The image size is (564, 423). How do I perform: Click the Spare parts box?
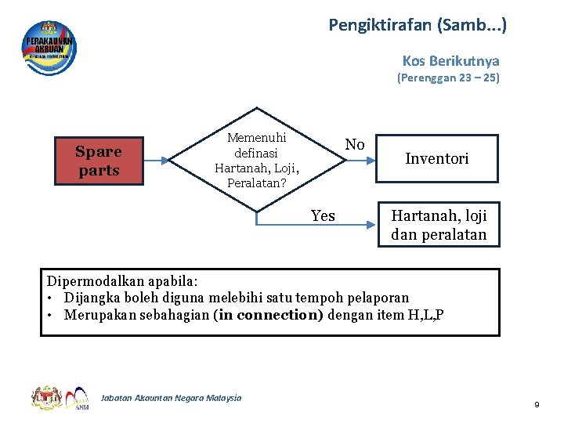99,161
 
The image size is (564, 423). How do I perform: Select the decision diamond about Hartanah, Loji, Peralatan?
258,161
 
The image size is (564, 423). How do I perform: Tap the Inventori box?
437,159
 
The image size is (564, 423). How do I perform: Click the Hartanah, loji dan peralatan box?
439,224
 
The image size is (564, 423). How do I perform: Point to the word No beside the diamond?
355,144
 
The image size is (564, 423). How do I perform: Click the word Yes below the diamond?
323,215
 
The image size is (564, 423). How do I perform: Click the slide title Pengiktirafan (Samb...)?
418,25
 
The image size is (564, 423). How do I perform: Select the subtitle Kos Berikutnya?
450,60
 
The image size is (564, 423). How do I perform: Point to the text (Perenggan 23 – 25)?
448,78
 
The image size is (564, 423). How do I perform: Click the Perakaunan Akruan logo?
49,48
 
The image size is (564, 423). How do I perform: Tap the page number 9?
537,404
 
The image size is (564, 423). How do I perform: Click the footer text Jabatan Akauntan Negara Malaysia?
171,398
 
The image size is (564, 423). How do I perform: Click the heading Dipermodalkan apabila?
123,280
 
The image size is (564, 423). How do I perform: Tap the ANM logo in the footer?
80,398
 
